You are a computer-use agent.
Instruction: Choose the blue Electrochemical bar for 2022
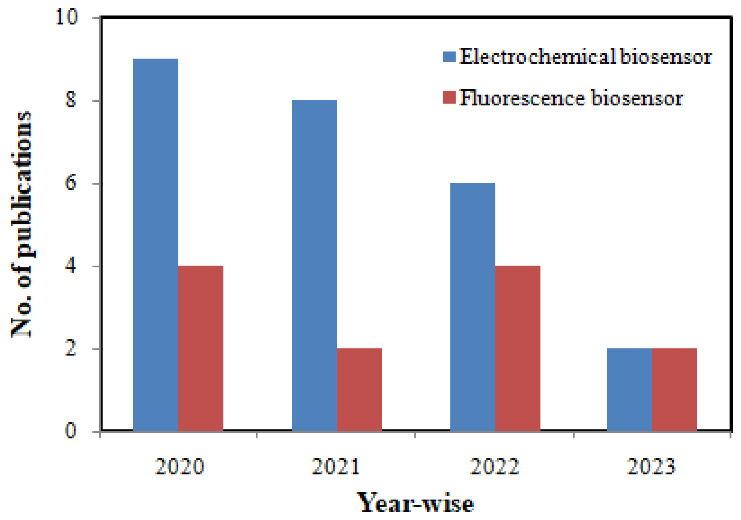pos(473,307)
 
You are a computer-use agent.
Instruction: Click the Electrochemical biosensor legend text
pos(585,57)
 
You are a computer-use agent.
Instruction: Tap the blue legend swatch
pos(449,57)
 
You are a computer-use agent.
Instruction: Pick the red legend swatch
pos(449,97)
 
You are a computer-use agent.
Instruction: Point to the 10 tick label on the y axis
pos(67,17)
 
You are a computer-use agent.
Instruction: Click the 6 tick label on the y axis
pos(71,183)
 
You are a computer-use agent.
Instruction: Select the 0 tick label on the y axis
pos(71,431)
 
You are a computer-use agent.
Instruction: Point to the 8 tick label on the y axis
pos(71,100)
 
